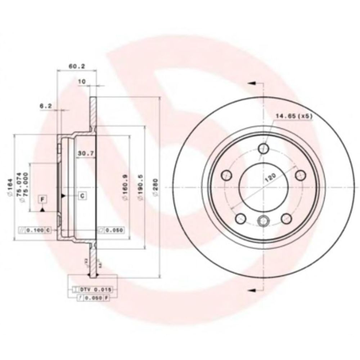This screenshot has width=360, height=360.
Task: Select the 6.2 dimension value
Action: (x=46, y=106)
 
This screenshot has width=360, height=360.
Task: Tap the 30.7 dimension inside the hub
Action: (x=86, y=153)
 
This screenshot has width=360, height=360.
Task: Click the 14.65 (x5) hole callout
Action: (x=293, y=116)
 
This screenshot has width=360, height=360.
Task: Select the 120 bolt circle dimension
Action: (x=270, y=178)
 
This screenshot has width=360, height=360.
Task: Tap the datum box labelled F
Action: (x=42, y=199)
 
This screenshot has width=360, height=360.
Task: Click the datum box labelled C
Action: (x=82, y=196)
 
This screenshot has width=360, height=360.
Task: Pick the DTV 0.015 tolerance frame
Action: (x=93, y=289)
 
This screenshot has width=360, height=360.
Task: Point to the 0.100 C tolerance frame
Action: (x=33, y=230)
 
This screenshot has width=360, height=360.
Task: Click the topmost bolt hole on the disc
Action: (x=264, y=148)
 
